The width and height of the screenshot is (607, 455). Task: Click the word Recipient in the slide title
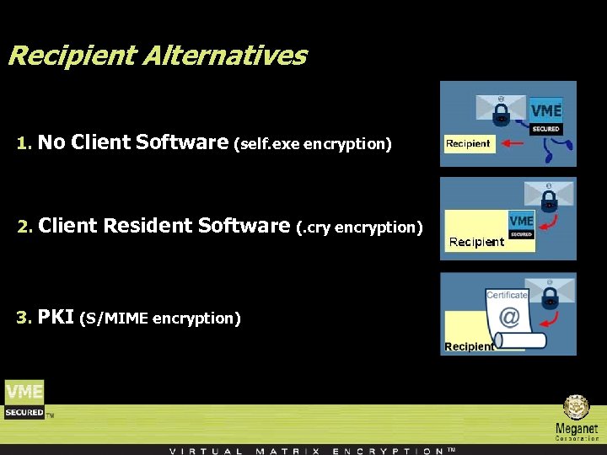71,56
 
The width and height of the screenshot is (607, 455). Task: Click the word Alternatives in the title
224,56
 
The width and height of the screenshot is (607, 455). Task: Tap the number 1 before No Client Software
23,144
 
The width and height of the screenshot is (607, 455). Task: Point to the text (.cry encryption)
359,227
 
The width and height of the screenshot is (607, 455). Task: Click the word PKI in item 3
56,317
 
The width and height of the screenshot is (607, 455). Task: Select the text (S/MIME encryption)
159,318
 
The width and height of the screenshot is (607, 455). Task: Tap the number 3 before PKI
23,318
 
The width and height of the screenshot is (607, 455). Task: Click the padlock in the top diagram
502,116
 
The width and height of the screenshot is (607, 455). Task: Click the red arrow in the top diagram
512,143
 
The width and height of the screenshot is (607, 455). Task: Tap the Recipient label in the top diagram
468,143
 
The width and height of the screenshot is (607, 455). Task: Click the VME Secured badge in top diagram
545,116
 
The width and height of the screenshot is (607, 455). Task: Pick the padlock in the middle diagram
550,201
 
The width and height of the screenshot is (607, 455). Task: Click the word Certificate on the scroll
507,295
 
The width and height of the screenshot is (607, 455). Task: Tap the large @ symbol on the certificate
509,317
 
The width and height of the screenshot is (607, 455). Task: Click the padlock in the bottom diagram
550,297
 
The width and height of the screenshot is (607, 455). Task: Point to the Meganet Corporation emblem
577,408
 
